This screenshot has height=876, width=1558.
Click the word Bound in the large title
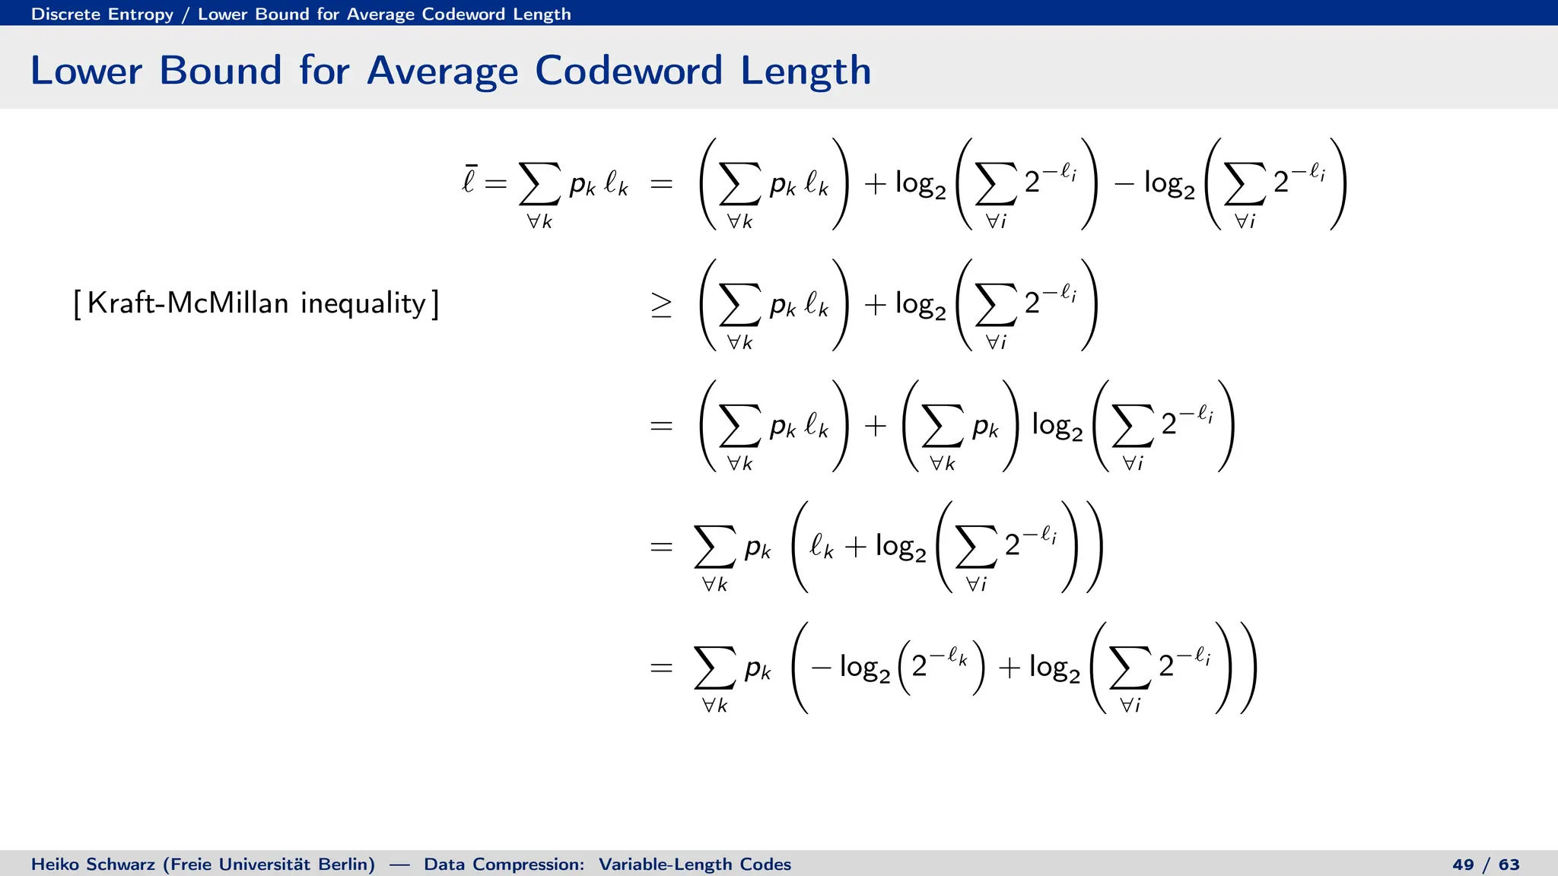[x=220, y=71]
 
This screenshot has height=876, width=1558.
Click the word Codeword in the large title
[x=628, y=71]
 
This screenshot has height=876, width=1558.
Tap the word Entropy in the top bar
[x=141, y=14]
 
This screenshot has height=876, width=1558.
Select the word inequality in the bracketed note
[x=363, y=304]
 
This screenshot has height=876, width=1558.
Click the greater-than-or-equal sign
[x=661, y=305]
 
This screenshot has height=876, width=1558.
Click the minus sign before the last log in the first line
[x=1124, y=184]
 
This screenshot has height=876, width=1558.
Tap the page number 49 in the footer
[x=1463, y=865]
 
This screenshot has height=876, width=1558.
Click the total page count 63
[x=1509, y=865]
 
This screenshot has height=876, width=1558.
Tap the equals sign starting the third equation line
[x=661, y=426]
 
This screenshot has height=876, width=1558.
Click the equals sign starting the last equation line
[x=661, y=668]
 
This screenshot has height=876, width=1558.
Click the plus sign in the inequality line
[x=876, y=305]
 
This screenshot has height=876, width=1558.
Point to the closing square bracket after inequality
[x=434, y=304]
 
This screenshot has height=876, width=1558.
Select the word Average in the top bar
[x=381, y=14]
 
